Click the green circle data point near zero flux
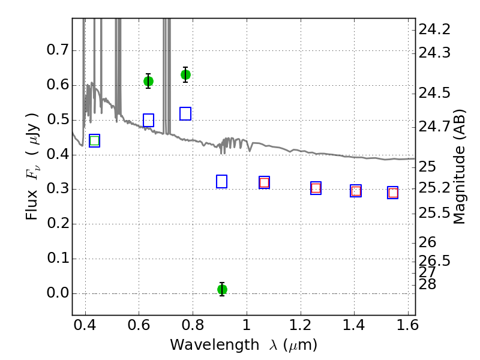(x=222, y=289)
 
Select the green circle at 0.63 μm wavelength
(x=148, y=82)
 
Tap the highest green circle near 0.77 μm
(x=185, y=74)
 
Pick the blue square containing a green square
(x=95, y=140)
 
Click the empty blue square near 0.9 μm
(x=221, y=182)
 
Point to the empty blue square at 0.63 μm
(x=148, y=121)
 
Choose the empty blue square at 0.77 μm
(x=185, y=113)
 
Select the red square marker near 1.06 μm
(x=264, y=183)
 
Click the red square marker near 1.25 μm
(x=316, y=188)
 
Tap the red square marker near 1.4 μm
(x=356, y=191)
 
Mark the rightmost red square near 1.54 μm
(x=393, y=193)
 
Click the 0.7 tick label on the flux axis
(x=58, y=50)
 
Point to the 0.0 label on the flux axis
(x=58, y=293)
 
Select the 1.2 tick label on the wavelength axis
(x=301, y=325)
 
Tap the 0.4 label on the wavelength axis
(x=85, y=325)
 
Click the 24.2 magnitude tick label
(x=434, y=29)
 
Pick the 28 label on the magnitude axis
(x=427, y=284)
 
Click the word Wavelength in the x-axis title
(x=215, y=345)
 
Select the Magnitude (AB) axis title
(x=458, y=167)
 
